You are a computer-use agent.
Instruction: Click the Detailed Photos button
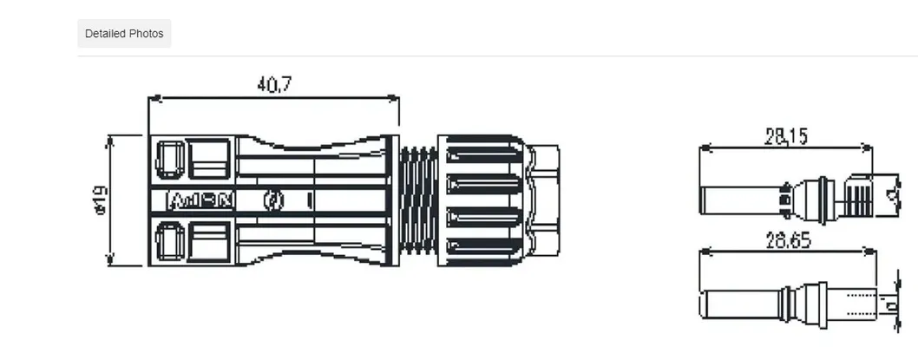124,34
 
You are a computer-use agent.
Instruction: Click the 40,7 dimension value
274,84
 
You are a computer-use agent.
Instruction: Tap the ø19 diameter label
101,200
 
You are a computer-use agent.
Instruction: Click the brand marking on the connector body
200,200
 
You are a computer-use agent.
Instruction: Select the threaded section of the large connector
418,200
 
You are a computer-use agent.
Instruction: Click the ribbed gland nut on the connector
482,200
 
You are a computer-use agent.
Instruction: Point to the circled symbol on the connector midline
273,200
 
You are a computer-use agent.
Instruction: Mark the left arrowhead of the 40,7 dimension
154,99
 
